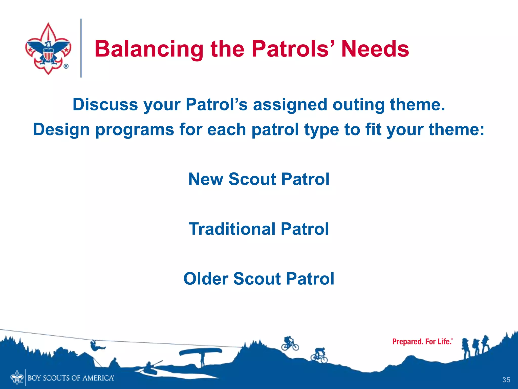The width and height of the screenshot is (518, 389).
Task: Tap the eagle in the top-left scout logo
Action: [48, 51]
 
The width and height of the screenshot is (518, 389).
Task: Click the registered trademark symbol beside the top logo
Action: [66, 66]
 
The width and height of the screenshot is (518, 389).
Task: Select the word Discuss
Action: [105, 105]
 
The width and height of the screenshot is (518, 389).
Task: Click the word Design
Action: [61, 130]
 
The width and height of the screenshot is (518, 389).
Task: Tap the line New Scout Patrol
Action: [259, 179]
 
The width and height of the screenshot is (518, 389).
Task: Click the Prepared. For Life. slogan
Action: [422, 342]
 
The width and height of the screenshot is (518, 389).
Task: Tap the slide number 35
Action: [506, 380]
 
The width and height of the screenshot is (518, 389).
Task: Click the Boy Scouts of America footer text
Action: [71, 378]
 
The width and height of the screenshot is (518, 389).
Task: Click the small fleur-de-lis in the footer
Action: [17, 377]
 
